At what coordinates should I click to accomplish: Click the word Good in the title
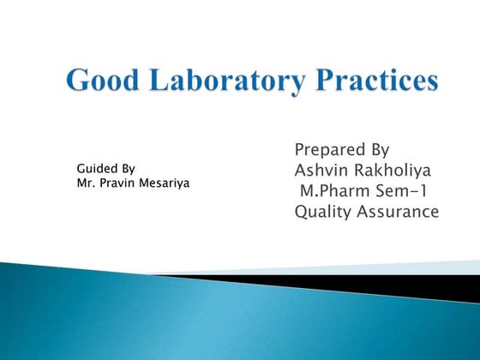(x=101, y=82)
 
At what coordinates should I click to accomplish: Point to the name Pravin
(x=117, y=183)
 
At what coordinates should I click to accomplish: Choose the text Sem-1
(x=400, y=190)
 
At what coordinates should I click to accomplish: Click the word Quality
(x=324, y=211)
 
